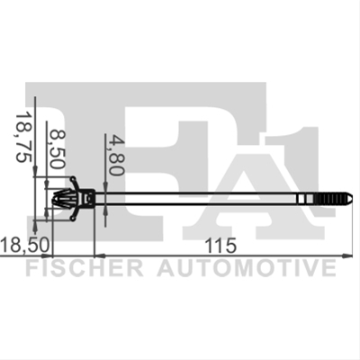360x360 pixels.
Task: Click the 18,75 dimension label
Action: (24, 137)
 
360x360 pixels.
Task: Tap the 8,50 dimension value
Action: (57, 148)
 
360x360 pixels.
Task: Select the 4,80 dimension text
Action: (116, 155)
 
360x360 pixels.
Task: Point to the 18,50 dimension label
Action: (24, 245)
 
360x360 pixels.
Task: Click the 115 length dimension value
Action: (220, 246)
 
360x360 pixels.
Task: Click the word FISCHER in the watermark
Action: (85, 268)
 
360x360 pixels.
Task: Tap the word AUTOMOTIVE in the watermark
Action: (247, 268)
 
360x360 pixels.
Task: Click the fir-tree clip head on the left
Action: (64, 198)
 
